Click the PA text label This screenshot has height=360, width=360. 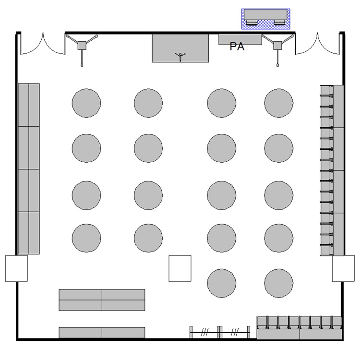pyautogui.click(x=237, y=47)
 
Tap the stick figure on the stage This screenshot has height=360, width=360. pyautogui.click(x=180, y=57)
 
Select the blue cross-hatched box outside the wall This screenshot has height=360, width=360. pyautogui.click(x=265, y=19)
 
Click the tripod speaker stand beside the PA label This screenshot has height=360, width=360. pyautogui.click(x=277, y=46)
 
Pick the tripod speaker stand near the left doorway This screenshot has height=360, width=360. pyautogui.click(x=82, y=46)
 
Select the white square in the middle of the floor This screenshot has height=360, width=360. pyautogui.click(x=180, y=268)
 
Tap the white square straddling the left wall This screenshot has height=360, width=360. pyautogui.click(x=16, y=268)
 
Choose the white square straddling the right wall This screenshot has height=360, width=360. pyautogui.click(x=344, y=268)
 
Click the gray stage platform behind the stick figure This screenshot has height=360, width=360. pyautogui.click(x=180, y=48)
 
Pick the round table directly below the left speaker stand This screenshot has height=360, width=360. pyautogui.click(x=86, y=103)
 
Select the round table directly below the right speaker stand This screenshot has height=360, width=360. pyautogui.click(x=279, y=103)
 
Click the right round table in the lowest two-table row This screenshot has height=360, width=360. pyautogui.click(x=279, y=283)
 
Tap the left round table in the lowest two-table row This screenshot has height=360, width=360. pyautogui.click(x=222, y=283)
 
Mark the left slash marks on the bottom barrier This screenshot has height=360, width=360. pyautogui.click(x=204, y=332)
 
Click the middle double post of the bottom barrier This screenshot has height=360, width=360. pyautogui.click(x=219, y=332)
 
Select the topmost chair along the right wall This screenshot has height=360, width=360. pyautogui.click(x=326, y=90)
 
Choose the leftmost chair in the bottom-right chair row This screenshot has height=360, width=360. pyautogui.click(x=262, y=323)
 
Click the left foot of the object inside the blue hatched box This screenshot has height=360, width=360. pyautogui.click(x=252, y=23)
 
